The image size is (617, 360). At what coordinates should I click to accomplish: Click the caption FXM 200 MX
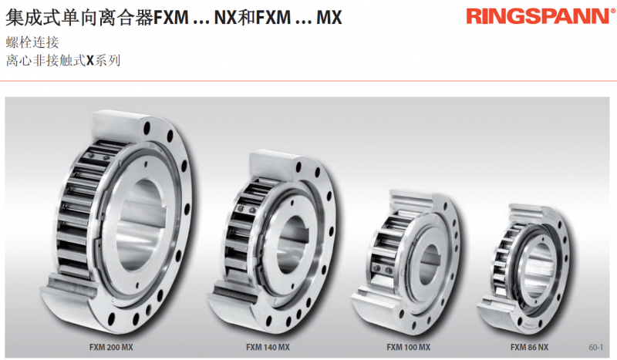[x=111, y=348]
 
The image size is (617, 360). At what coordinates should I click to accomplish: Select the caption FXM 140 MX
[x=268, y=348]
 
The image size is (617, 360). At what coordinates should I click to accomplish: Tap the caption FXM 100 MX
[x=408, y=348]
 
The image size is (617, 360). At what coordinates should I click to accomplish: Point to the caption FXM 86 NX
[x=529, y=348]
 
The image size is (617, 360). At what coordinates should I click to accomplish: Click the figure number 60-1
[x=595, y=348]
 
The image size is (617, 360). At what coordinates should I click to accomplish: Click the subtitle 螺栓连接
[x=32, y=42]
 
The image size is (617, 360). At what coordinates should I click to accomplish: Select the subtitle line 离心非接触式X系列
[x=63, y=61]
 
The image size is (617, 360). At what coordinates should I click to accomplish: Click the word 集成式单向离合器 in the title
[x=79, y=18]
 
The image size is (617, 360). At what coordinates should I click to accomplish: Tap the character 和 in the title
[x=246, y=18]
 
